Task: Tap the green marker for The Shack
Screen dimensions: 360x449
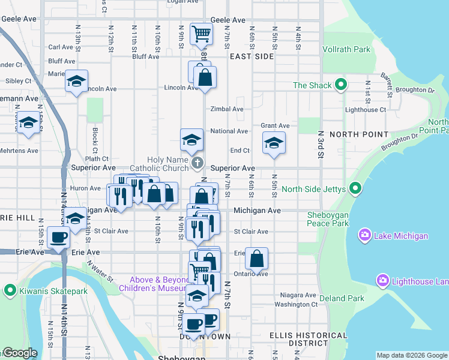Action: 341,85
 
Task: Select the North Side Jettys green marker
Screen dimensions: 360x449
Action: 355,190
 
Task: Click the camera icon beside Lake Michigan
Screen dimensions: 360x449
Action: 364,236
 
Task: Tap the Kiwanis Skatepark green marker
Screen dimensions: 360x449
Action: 10,292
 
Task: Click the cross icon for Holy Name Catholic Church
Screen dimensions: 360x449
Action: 197,162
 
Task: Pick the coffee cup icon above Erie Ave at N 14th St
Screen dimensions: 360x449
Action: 59,237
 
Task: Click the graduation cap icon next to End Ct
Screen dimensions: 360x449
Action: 274,143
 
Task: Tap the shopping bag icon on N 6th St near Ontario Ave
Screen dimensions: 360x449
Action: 256,259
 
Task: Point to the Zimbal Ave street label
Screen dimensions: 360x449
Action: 226,109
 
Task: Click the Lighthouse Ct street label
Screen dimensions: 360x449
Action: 366,110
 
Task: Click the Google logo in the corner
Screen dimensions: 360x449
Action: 20,353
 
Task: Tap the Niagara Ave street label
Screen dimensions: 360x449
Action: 298,295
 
